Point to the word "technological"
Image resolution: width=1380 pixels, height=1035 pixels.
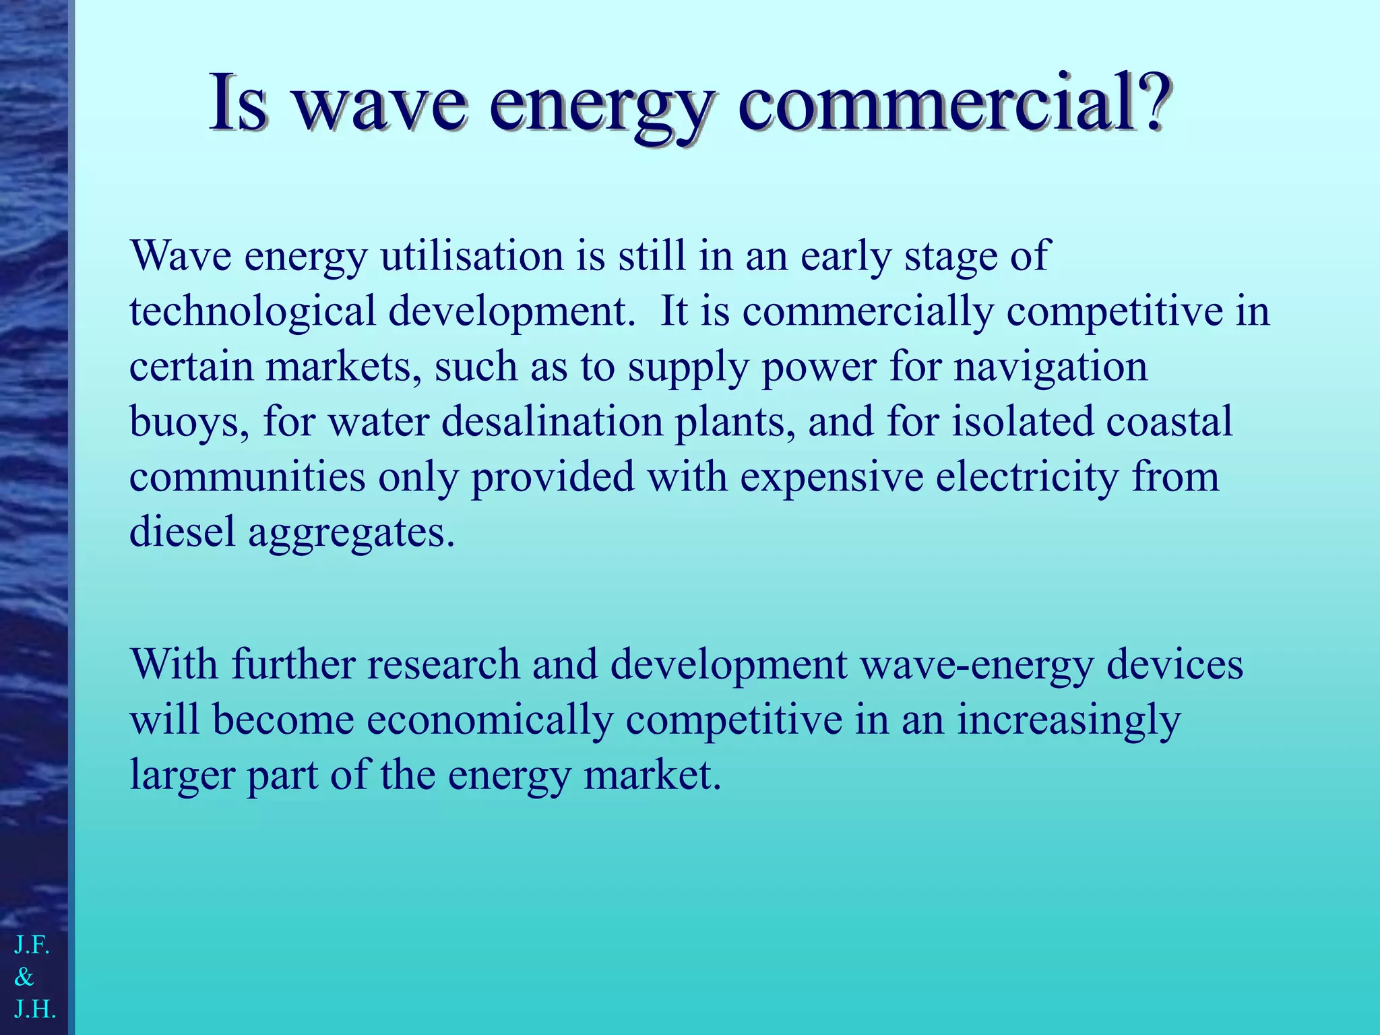click(253, 312)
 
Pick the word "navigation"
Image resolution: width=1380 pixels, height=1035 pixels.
click(1050, 367)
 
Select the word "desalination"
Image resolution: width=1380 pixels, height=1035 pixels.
click(553, 422)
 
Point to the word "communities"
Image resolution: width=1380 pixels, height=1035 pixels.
click(247, 477)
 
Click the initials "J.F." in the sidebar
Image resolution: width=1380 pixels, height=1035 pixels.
click(32, 945)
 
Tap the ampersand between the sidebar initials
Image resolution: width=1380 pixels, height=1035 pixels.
click(24, 977)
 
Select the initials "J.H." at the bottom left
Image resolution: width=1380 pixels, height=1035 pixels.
click(34, 1009)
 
